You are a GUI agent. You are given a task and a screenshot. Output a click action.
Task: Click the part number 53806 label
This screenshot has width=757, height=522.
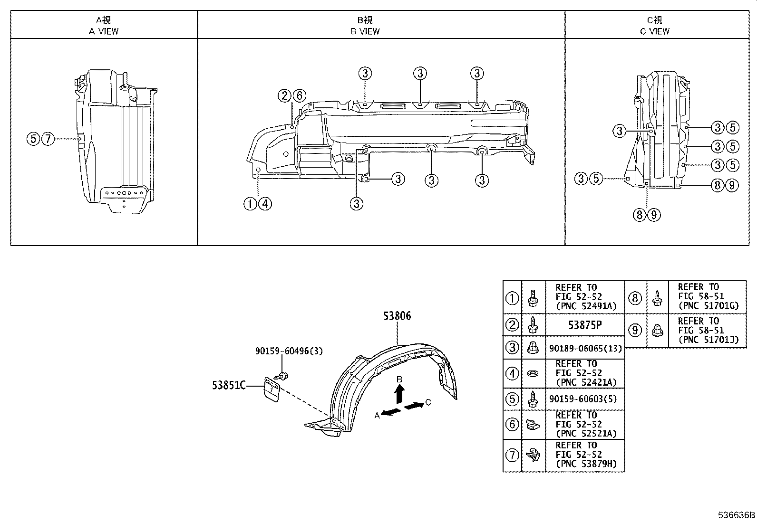pyautogui.click(x=398, y=316)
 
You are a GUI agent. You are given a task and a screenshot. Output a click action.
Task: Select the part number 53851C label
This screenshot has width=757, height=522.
pyautogui.click(x=229, y=386)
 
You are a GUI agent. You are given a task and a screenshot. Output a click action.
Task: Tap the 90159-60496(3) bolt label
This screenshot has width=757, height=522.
pyautogui.click(x=289, y=351)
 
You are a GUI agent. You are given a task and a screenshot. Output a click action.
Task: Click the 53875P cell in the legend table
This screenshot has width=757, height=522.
pyautogui.click(x=584, y=325)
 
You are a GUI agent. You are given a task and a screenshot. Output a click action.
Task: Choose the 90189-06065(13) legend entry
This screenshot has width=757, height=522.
pyautogui.click(x=585, y=348)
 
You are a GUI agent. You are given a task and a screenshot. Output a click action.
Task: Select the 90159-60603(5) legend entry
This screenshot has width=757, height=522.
pyautogui.click(x=582, y=399)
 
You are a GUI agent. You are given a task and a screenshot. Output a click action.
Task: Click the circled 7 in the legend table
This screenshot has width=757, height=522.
pyautogui.click(x=512, y=456)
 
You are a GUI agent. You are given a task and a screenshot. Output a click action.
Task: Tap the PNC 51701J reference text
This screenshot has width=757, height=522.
pyautogui.click(x=708, y=340)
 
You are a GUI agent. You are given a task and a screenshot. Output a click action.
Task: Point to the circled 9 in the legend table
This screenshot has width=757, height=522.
pyautogui.click(x=635, y=330)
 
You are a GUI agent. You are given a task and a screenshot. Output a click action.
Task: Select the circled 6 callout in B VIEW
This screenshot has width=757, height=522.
pyautogui.click(x=299, y=96)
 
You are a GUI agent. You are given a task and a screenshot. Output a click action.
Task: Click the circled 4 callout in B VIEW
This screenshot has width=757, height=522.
pyautogui.click(x=265, y=204)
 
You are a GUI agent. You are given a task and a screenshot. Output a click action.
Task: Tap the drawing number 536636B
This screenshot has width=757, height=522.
pyautogui.click(x=737, y=515)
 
